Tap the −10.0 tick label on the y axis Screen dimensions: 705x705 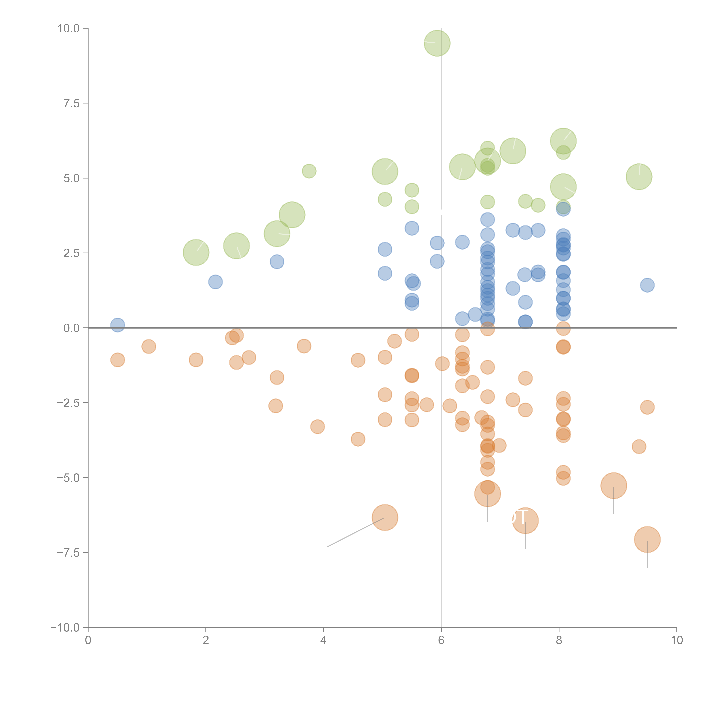click(65, 628)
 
